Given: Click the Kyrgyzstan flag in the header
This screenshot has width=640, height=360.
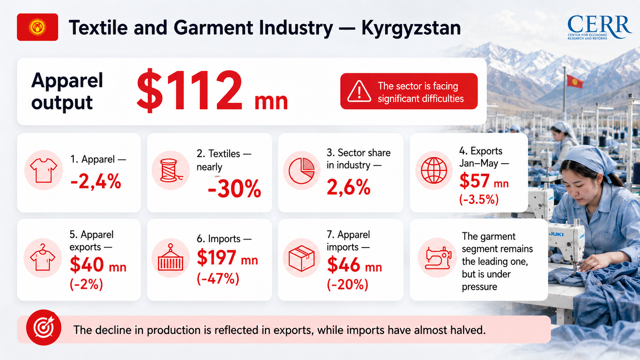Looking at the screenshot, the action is pyautogui.click(x=38, y=27).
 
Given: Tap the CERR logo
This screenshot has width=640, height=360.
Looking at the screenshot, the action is pyautogui.click(x=599, y=28).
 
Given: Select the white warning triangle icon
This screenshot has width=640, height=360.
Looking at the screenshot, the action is pyautogui.click(x=359, y=91).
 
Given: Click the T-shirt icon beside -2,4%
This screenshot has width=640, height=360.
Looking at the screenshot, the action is pyautogui.click(x=43, y=170).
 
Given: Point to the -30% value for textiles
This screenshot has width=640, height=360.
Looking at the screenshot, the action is pyautogui.click(x=234, y=189).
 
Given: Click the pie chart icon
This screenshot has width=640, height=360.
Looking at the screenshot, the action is pyautogui.click(x=302, y=171).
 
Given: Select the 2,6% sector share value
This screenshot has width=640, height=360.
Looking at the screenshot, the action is pyautogui.click(x=348, y=187).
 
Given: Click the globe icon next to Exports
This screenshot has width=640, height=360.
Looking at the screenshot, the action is pyautogui.click(x=434, y=171).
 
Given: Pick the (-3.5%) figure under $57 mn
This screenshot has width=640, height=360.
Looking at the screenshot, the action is pyautogui.click(x=478, y=199).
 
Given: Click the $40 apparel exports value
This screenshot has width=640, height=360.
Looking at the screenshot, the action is pyautogui.click(x=87, y=265).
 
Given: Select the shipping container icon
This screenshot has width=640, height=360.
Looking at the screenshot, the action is pyautogui.click(x=171, y=258).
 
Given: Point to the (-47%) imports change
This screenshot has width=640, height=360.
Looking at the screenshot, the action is pyautogui.click(x=218, y=279).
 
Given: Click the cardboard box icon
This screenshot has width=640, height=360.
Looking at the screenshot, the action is pyautogui.click(x=302, y=258).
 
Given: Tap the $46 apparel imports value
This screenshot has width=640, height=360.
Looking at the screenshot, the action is pyautogui.click(x=344, y=265).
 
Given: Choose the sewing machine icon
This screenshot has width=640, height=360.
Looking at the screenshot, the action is pyautogui.click(x=438, y=258).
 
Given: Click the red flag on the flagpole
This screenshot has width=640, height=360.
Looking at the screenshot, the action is pyautogui.click(x=575, y=81).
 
